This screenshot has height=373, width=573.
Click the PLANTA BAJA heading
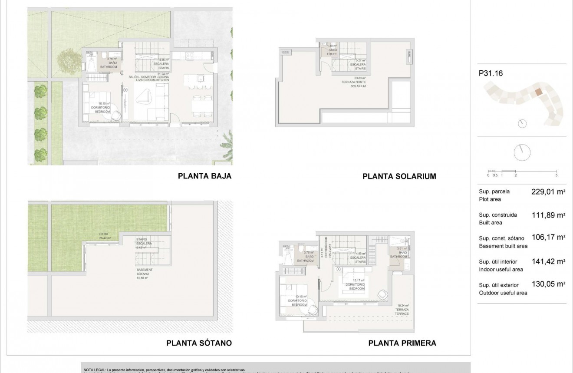(204, 176)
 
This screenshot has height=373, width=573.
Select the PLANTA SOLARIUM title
(399, 176)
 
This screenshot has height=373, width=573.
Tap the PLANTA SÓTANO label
(199, 343)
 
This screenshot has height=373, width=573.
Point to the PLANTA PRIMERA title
(402, 343)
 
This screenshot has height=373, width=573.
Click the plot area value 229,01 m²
(548, 191)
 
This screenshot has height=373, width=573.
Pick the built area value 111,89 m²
(548, 215)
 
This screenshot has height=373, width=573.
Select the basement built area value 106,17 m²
(548, 238)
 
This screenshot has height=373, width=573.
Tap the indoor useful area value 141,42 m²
(548, 261)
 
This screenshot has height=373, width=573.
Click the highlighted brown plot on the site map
(538, 92)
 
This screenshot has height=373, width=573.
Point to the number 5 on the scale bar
(556, 175)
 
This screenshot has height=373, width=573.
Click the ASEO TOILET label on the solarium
(333, 52)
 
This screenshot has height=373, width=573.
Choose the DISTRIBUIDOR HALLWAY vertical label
(322, 251)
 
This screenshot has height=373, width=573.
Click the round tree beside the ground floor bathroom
(67, 57)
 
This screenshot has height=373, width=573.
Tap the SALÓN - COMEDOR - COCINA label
(148, 76)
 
